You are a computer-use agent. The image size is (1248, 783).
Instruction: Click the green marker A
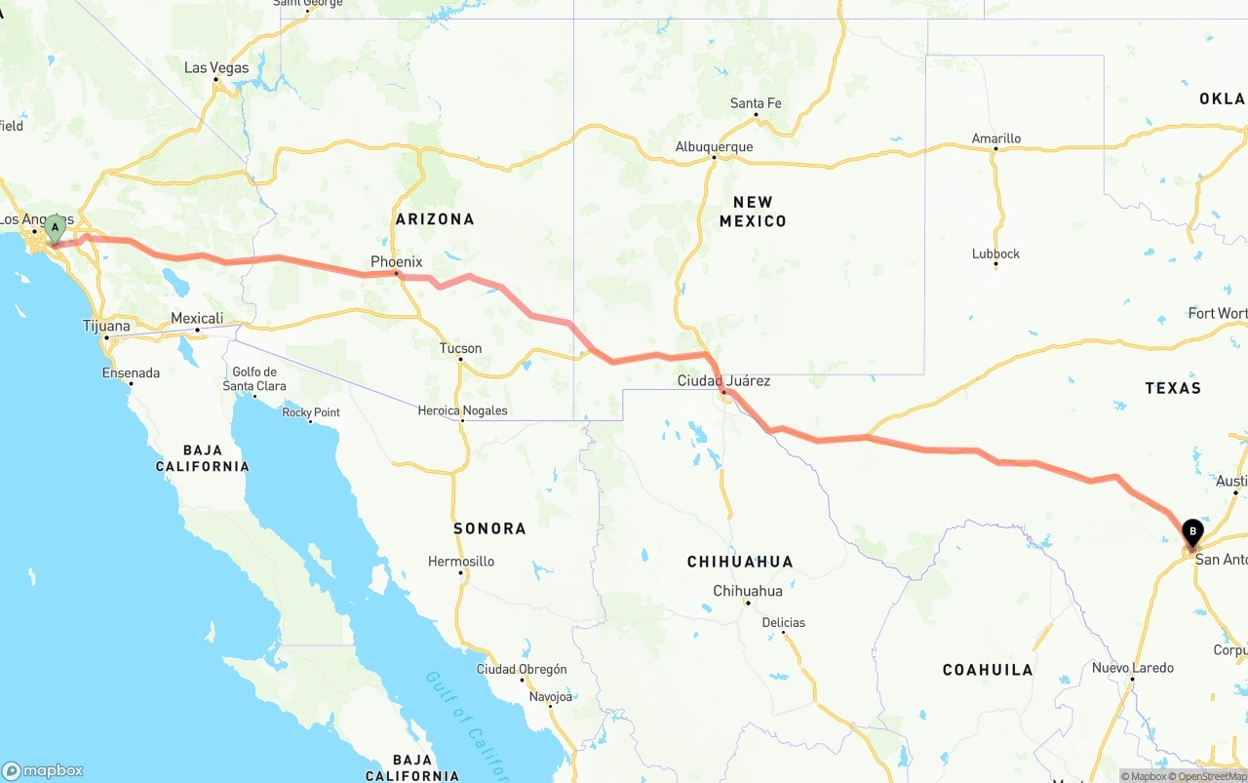click(56, 229)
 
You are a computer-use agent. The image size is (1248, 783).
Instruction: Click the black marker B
click(1192, 532)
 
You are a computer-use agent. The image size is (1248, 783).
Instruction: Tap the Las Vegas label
click(216, 68)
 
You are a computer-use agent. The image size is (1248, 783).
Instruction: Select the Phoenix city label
click(396, 261)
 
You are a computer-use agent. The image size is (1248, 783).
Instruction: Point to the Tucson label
click(460, 348)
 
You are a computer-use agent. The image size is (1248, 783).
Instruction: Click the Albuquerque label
click(714, 147)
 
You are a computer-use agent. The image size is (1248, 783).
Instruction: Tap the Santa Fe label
click(756, 103)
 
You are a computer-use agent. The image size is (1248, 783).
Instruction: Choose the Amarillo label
click(996, 138)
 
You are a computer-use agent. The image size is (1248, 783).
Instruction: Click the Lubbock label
click(995, 254)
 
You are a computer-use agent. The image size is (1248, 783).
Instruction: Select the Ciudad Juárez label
click(723, 380)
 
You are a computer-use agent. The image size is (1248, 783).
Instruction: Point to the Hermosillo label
click(461, 561)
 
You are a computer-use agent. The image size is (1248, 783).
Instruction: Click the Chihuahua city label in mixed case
click(748, 591)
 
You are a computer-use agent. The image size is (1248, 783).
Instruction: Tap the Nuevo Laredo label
click(1132, 668)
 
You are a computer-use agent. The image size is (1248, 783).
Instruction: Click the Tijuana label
click(106, 326)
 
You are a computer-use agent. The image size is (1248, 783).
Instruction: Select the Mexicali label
click(197, 318)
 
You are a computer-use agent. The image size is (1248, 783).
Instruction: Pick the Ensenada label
click(131, 372)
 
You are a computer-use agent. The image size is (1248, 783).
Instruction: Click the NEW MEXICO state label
click(753, 212)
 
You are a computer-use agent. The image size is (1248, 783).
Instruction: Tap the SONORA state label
click(489, 529)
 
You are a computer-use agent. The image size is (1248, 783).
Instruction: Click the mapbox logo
click(43, 770)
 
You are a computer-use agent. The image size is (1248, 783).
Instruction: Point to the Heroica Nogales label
click(462, 411)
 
